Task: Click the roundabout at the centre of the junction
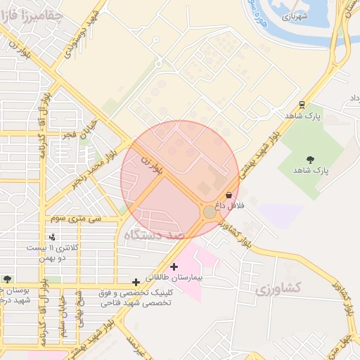tap(210, 211)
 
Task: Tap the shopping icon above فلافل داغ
tap(229, 195)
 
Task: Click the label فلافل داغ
tap(229, 205)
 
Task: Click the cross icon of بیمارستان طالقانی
tap(174, 266)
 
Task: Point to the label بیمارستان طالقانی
tap(201, 278)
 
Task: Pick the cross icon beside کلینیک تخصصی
tap(136, 282)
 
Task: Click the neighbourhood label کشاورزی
tap(278, 288)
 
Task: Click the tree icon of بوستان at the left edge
tap(6, 279)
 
